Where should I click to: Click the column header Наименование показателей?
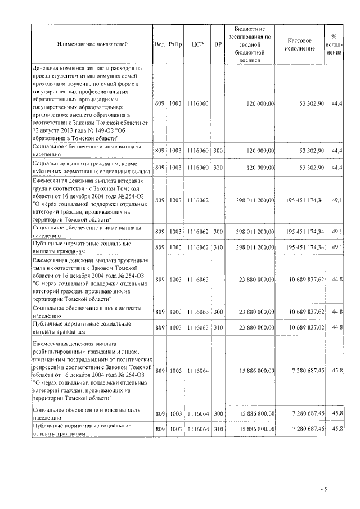[x=92, y=43]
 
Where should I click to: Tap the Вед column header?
[x=159, y=43]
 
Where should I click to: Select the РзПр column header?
[x=175, y=43]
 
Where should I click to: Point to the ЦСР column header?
[x=196, y=43]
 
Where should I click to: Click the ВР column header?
[x=218, y=43]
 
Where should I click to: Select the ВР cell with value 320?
[x=218, y=167]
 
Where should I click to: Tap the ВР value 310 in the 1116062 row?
[x=218, y=247]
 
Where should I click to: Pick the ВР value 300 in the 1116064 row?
[x=218, y=413]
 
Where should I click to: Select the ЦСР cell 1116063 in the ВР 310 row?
[x=196, y=327]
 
